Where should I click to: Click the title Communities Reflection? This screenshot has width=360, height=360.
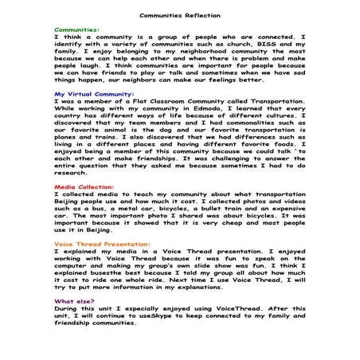180,14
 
